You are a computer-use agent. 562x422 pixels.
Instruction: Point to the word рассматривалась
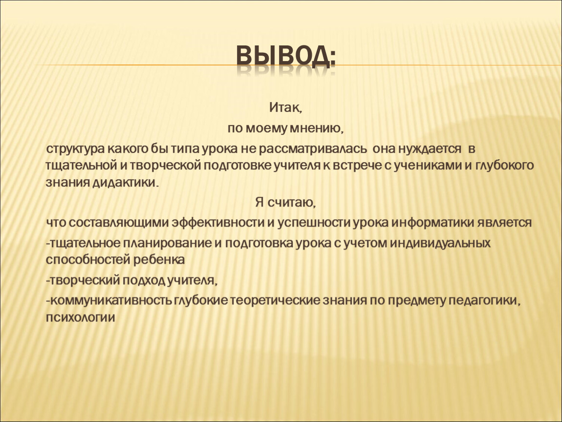tap(313, 149)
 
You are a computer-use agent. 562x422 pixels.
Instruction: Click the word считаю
tap(291, 203)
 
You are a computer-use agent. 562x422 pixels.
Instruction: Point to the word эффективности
tap(218, 222)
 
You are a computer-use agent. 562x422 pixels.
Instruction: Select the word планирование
tap(167, 243)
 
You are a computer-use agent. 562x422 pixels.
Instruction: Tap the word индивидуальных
tap(440, 243)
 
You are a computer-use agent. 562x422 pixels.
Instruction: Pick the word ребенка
tap(159, 260)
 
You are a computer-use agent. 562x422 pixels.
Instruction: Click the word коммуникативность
tap(110, 300)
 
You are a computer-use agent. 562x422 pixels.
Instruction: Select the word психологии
tap(80, 317)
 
